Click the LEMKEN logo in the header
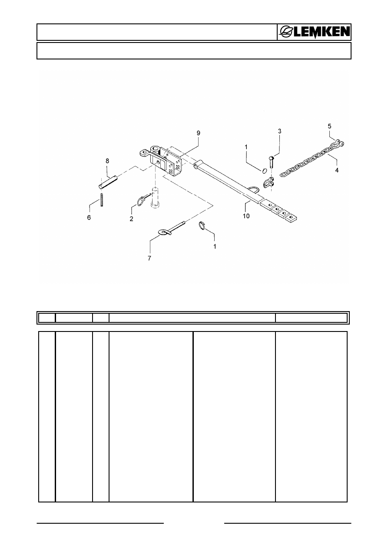tap(315, 32)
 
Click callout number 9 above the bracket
tap(199, 133)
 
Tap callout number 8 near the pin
tap(107, 161)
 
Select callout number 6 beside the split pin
tap(89, 217)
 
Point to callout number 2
tap(132, 219)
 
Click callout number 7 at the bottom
tap(149, 258)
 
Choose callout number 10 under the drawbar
tap(246, 216)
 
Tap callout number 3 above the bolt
tap(279, 131)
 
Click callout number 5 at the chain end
tap(329, 126)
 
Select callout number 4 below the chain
tap(337, 170)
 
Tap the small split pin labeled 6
tap(101, 200)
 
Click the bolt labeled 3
tap(272, 162)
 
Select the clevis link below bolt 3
tap(269, 182)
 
